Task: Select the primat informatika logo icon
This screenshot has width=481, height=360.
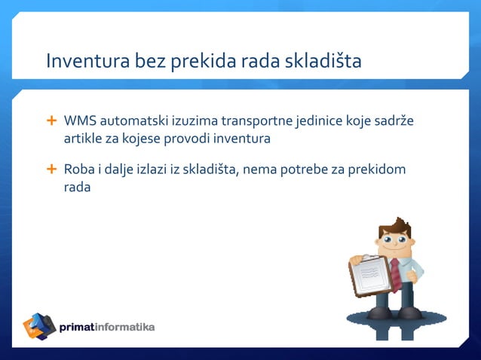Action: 39,326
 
